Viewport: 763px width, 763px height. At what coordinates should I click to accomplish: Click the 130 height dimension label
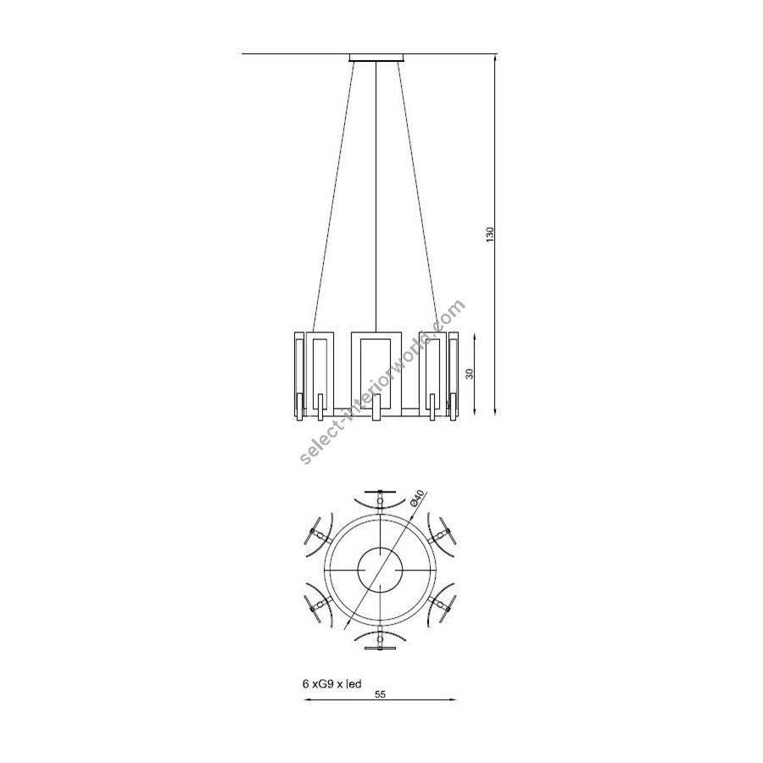pyautogui.click(x=490, y=234)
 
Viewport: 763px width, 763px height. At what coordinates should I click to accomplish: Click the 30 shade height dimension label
pyautogui.click(x=470, y=374)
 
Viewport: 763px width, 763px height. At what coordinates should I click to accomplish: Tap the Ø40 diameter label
pyautogui.click(x=417, y=498)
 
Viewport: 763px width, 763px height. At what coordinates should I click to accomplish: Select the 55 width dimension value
pyautogui.click(x=380, y=695)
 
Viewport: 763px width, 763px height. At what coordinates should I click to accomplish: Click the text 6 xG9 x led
pyautogui.click(x=331, y=683)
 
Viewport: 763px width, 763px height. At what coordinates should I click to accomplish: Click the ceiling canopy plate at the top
pyautogui.click(x=376, y=58)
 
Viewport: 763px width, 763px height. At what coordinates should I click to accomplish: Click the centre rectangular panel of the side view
pyautogui.click(x=376, y=375)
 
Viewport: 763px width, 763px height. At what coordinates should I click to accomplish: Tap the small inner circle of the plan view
pyautogui.click(x=379, y=570)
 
